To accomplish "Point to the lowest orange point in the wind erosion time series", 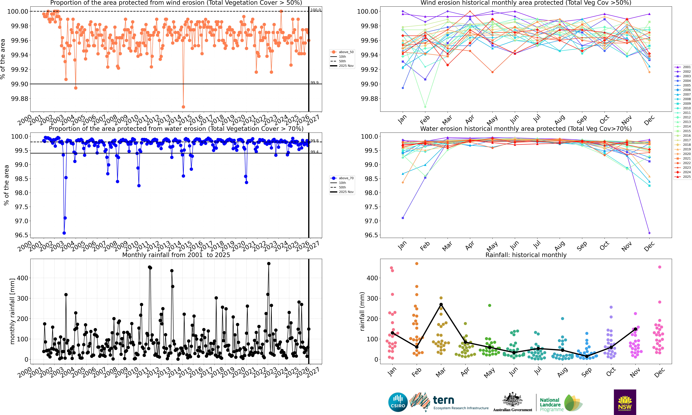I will (183, 107).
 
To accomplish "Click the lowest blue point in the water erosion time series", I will (64, 233).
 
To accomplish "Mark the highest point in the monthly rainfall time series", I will (269, 263).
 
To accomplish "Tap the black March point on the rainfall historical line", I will (441, 305).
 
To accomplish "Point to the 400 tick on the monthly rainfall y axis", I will (22, 278).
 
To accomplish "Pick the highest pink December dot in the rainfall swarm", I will (660, 267).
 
